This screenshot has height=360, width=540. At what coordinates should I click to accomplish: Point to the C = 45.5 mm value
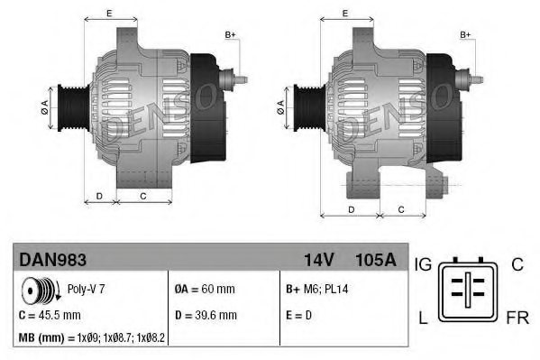click(50, 316)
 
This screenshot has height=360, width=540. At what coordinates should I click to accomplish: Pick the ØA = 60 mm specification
click(205, 290)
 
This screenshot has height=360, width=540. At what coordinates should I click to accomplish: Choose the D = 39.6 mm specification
click(206, 315)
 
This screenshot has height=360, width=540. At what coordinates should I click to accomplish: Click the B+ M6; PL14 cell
click(316, 290)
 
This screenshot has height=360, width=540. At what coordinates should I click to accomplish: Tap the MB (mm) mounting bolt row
click(91, 339)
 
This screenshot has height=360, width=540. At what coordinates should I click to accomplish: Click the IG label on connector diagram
click(424, 264)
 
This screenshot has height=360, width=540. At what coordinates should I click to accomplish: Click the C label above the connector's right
click(517, 264)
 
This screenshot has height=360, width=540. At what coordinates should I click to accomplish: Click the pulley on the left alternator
click(69, 109)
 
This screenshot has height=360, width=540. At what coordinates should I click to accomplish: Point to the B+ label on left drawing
click(230, 34)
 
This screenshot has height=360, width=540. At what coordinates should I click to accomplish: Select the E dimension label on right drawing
click(347, 13)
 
